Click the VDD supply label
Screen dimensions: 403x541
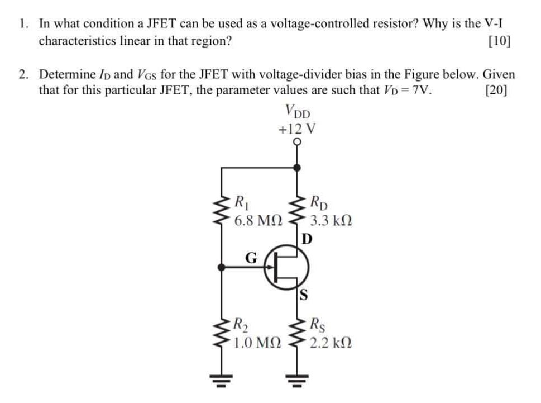pos(298,112)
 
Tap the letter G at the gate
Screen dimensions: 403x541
pos(252,258)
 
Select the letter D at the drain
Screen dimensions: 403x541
pos(306,239)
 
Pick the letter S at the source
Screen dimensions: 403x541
pos(305,295)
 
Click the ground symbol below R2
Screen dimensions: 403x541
pos(224,384)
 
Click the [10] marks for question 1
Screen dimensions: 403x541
pos(499,41)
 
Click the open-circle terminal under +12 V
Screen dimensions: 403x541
pos(297,143)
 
